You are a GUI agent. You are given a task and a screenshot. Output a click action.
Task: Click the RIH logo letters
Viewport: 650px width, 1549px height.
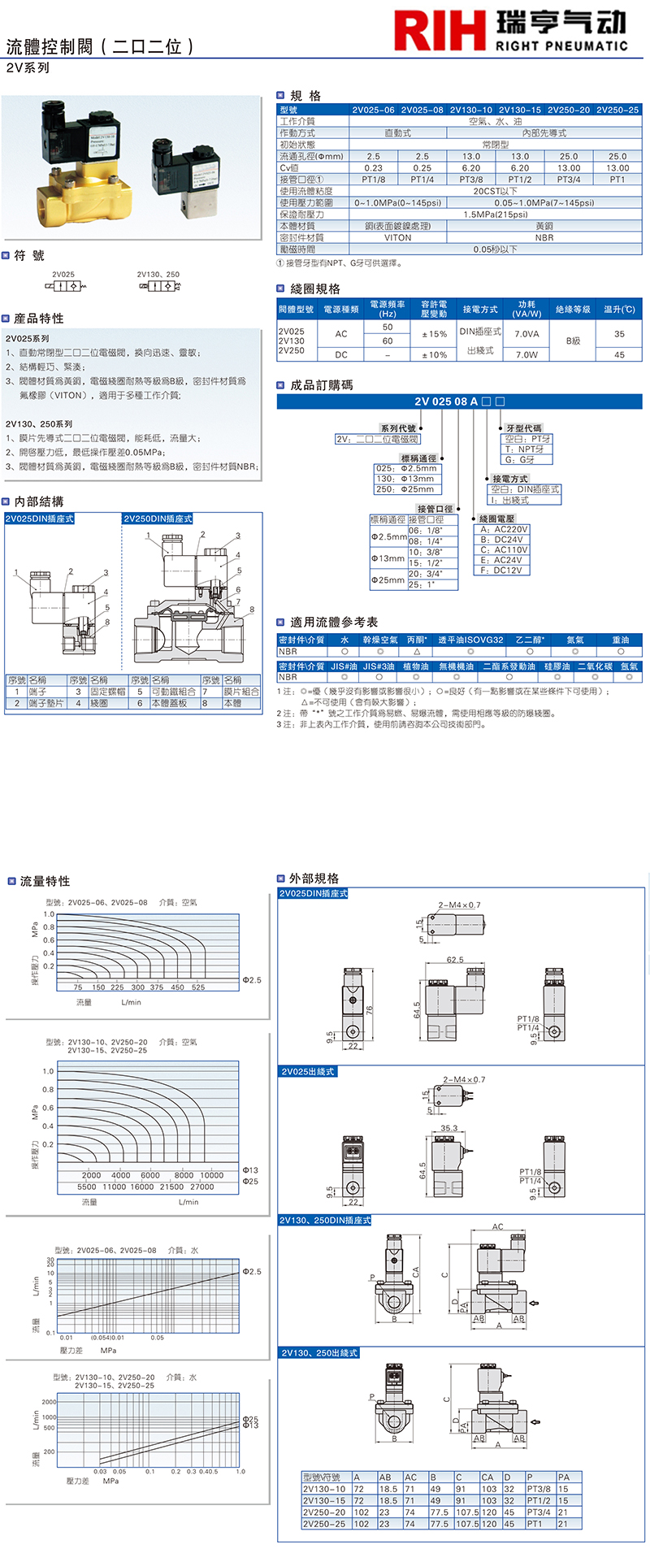click(x=439, y=31)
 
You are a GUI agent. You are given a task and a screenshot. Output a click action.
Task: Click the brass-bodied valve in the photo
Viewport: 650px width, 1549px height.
click(x=73, y=179)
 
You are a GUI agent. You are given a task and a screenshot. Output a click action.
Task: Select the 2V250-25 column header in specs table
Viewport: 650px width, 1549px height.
click(x=617, y=110)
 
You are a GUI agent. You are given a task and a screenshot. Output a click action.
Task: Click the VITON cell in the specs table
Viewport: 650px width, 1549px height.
click(x=397, y=237)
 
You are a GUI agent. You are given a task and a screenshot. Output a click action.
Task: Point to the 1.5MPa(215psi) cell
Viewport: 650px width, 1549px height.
click(x=495, y=215)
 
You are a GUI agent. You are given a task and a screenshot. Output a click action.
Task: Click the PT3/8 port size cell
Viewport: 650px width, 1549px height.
click(x=471, y=180)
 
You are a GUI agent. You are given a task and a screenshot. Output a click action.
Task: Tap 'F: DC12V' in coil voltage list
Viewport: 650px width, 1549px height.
click(x=501, y=571)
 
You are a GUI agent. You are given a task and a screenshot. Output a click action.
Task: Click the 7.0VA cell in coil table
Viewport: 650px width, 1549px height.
click(x=526, y=334)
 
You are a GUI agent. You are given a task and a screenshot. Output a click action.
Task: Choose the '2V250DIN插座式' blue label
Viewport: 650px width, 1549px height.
click(x=158, y=519)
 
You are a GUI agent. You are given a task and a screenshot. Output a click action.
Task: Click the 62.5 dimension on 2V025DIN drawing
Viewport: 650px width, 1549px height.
click(x=455, y=960)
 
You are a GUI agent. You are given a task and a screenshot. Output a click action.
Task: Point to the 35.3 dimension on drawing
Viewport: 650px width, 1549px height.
click(x=449, y=1128)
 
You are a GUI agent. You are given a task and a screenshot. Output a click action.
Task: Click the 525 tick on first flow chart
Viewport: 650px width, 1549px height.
click(x=198, y=987)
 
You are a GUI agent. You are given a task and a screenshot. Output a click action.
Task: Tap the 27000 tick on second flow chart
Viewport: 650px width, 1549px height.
click(x=201, y=1187)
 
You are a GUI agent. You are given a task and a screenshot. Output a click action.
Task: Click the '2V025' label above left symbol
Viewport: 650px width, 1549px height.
click(x=63, y=275)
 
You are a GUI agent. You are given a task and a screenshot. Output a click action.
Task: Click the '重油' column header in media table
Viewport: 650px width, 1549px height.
click(x=620, y=640)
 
